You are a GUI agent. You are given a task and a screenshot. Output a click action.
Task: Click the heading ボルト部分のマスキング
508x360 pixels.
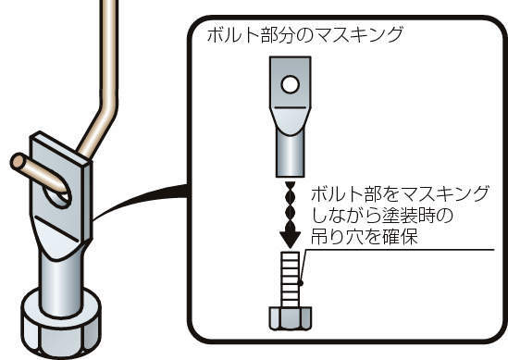(x=304, y=34)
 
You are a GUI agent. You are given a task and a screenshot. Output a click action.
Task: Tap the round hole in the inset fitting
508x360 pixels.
(x=291, y=84)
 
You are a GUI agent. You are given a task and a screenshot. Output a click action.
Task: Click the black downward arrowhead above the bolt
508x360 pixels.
(x=291, y=239)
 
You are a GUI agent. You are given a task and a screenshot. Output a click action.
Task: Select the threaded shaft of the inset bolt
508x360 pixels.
(x=291, y=279)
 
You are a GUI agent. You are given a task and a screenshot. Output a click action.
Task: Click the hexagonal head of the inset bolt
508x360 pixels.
(x=291, y=318)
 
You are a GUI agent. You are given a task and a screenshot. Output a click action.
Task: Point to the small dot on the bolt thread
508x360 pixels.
(x=301, y=283)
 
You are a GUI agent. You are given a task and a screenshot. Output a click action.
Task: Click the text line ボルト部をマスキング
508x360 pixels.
(x=400, y=193)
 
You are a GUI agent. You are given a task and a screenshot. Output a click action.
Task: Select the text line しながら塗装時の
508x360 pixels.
(x=381, y=215)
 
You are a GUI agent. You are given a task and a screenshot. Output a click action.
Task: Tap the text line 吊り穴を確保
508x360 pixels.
(x=365, y=237)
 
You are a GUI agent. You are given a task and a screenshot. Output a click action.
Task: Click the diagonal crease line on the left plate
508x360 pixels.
(x=57, y=229)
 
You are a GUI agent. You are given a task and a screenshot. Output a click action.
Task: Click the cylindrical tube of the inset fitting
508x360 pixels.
(x=291, y=154)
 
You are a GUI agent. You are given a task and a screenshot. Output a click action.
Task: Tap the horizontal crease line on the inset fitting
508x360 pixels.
(x=291, y=107)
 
